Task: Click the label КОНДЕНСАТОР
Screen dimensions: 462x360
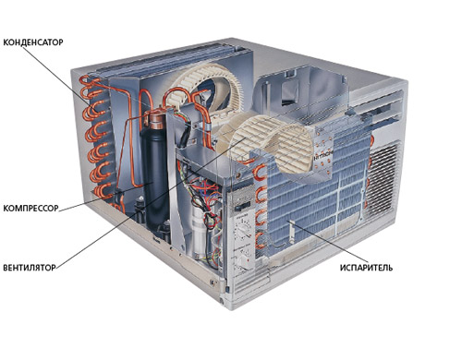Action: point(33,42)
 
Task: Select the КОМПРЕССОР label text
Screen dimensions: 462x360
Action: point(30,209)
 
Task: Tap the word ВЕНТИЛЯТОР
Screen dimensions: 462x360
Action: point(30,268)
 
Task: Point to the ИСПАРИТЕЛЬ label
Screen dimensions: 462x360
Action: point(366,268)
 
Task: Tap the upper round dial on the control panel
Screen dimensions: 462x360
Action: point(243,228)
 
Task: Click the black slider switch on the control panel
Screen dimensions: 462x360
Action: point(242,207)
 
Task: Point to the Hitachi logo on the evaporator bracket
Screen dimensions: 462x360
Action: point(323,153)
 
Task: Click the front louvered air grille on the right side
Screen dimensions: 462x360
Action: point(383,178)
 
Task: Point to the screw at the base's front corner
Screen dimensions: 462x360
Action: point(213,282)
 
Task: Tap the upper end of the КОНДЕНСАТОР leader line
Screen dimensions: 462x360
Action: point(23,47)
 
